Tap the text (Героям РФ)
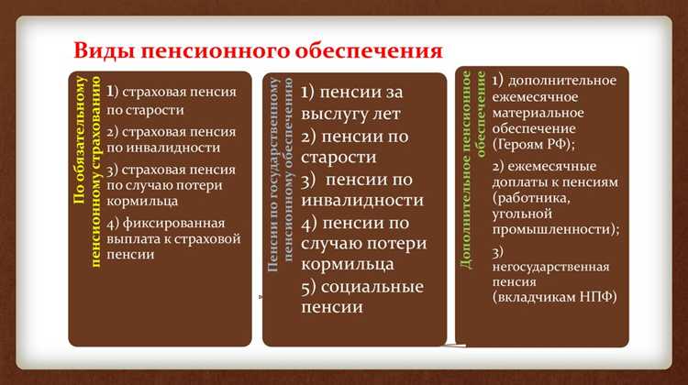point(535,145)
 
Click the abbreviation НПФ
point(595,298)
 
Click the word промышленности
point(554,230)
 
